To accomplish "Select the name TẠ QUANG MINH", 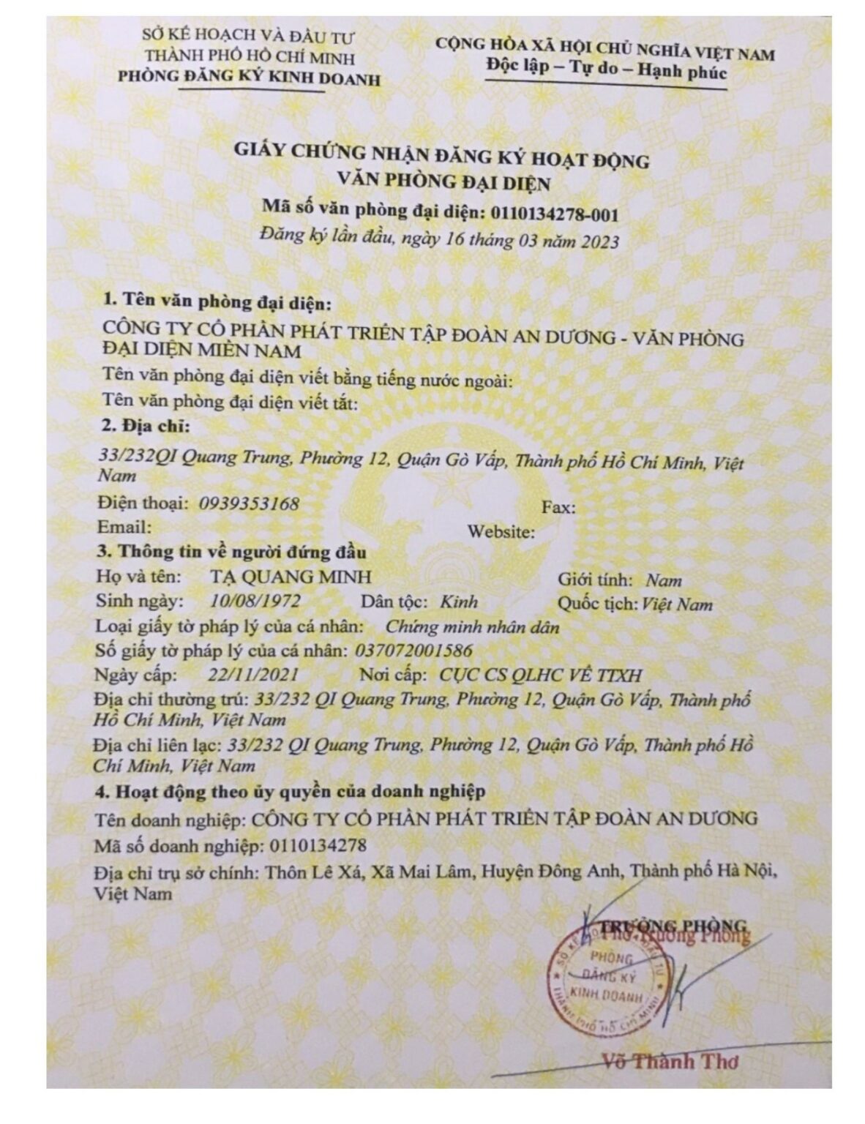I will coord(290,577).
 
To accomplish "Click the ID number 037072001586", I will coord(413,651).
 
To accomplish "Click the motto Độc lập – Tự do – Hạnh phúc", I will coord(606,72).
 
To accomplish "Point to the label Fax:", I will coord(558,506).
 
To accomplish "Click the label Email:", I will coord(124,527).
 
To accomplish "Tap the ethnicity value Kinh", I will coord(459,602).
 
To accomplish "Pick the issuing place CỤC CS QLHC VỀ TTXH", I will coord(542,675).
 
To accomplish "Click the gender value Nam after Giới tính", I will coord(664,580).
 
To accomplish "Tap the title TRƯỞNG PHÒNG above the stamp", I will coord(673,924).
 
